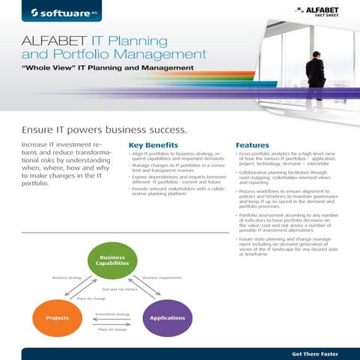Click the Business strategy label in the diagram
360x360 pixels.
66,277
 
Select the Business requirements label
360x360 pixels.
163,277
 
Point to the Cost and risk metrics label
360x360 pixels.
118,287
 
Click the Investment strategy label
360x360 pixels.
112,314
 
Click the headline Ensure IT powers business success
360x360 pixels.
104,129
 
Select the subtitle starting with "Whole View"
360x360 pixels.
107,68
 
